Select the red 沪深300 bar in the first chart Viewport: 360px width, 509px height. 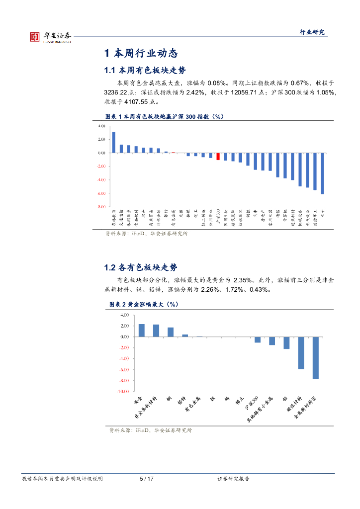tap(218, 157)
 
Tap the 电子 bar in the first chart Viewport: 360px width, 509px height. tap(322, 173)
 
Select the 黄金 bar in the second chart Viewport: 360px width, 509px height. tap(142, 330)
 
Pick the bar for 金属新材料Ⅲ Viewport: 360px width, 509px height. tap(315, 357)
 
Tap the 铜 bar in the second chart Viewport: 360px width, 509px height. tap(171, 332)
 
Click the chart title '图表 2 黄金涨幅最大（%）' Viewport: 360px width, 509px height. tap(136, 303)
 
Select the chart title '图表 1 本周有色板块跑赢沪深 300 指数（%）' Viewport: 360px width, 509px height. tap(165, 116)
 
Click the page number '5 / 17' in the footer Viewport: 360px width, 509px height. tap(147, 479)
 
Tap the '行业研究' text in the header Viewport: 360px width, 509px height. tap(312, 32)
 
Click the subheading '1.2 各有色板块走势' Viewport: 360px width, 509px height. tap(140, 267)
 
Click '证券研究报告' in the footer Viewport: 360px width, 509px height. tap(233, 479)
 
